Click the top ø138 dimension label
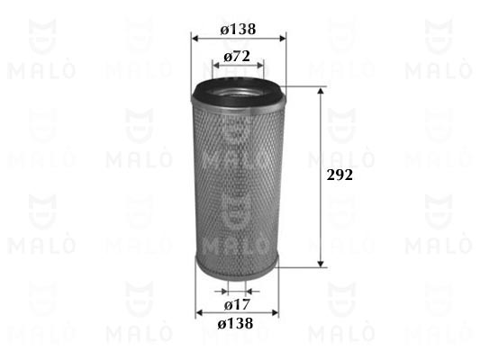[238, 30]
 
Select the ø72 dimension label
[237, 57]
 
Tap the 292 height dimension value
[340, 175]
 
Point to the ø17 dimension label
[237, 304]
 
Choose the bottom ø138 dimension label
[235, 323]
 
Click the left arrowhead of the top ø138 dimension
[195, 39]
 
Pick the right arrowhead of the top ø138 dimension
[282, 39]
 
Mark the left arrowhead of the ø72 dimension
[216, 66]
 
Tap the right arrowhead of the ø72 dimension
[260, 66]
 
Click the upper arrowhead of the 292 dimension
[321, 91]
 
